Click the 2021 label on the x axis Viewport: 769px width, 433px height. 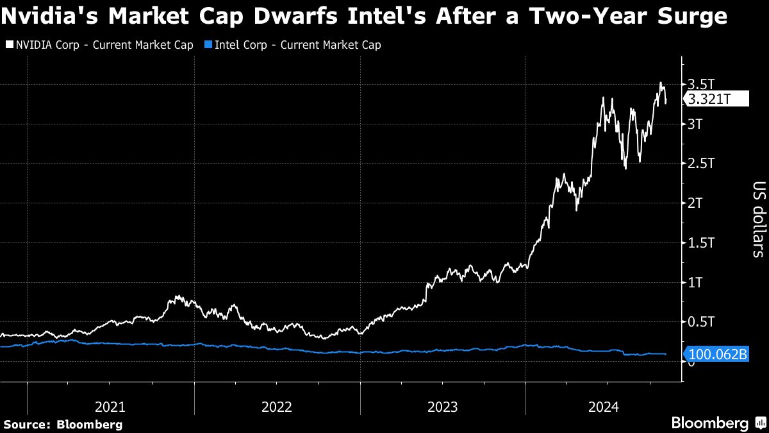(x=110, y=406)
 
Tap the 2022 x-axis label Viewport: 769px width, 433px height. (x=277, y=406)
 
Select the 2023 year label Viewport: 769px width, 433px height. (x=442, y=406)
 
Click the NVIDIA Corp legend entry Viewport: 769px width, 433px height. (x=99, y=45)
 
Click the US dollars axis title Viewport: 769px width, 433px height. (x=757, y=220)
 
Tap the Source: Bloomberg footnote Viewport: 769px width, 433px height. (x=63, y=424)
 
